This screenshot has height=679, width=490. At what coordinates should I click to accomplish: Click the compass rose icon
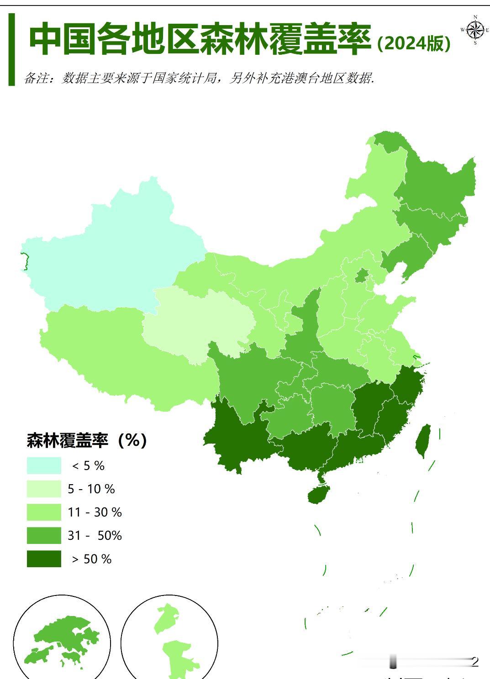pos(475,31)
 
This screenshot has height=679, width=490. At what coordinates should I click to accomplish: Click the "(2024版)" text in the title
pos(414,43)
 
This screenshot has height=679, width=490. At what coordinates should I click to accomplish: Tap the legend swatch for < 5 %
pos(44,465)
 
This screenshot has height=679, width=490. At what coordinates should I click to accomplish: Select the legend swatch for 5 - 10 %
pos(44,489)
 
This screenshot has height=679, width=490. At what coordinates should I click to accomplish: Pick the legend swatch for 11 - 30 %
pos(44,512)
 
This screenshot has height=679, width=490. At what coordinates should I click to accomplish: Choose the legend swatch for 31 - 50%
pos(44,535)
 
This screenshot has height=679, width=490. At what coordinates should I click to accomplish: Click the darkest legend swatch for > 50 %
pos(44,559)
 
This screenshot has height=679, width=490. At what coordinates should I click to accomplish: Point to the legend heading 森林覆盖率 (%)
pos(87,440)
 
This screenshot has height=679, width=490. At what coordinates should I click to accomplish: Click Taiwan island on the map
pos(423,440)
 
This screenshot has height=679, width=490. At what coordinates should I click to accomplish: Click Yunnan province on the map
pos(233,438)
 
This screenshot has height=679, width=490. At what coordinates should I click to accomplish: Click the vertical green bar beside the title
pos(12,49)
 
